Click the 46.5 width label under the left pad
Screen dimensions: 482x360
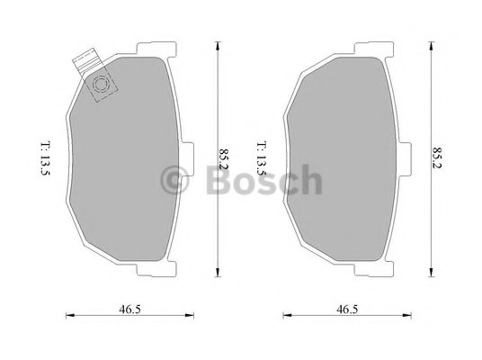pos(129,310)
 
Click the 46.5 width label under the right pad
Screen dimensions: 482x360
pos(347,310)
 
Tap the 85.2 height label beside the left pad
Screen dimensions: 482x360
pos(224,159)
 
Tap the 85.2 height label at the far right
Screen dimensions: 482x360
pos(437,157)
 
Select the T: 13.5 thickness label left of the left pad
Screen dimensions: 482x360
pos(45,158)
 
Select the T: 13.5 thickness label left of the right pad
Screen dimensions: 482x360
pos(262,158)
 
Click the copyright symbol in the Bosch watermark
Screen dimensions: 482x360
pos(174,180)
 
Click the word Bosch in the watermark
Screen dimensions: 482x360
pos(264,180)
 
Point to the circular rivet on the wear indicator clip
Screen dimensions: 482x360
pos(101,84)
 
